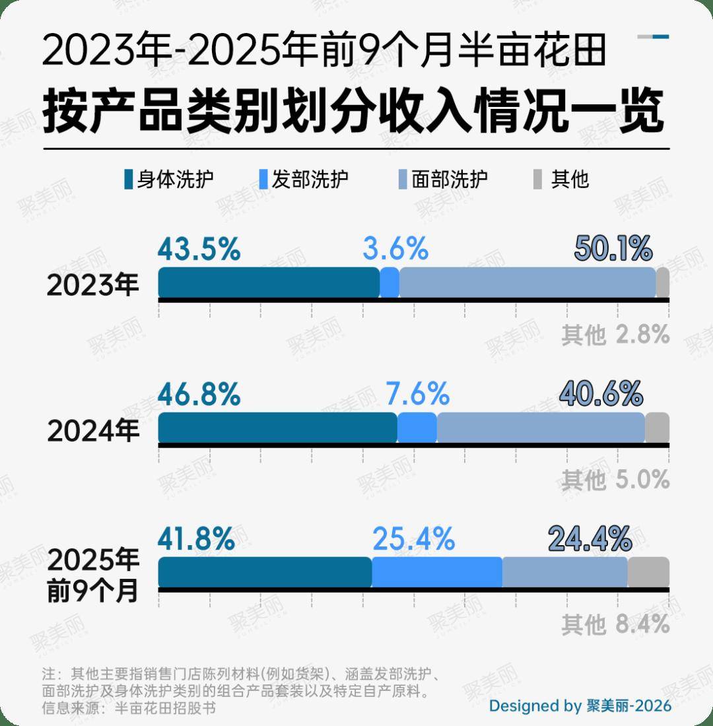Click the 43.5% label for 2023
point(199,250)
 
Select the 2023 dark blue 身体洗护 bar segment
point(269,283)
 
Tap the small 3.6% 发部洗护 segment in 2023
point(390,283)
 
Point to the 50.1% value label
point(613,250)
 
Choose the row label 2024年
point(94,430)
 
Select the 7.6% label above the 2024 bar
point(417,395)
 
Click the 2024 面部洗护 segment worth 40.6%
point(540,428)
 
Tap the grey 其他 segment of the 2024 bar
point(657,428)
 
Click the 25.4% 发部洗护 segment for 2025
point(437,572)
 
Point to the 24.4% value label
point(590,539)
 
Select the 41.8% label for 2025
point(196,539)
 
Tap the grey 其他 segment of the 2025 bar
point(648,572)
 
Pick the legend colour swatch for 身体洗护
point(128,180)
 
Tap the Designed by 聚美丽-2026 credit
point(580,706)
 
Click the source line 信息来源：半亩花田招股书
point(129,708)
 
